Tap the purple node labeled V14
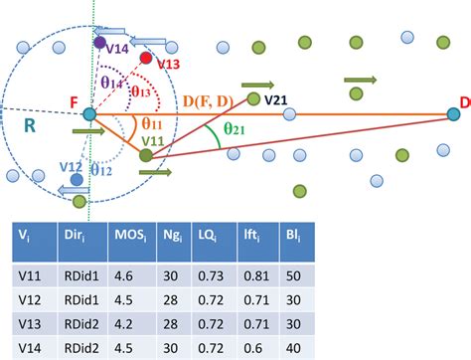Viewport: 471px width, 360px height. [100, 43]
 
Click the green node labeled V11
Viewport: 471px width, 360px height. [147, 154]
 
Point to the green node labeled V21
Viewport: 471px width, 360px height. [253, 98]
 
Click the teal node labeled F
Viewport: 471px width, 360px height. [89, 114]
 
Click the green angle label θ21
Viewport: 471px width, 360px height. [235, 130]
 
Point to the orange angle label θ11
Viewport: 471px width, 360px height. [151, 123]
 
